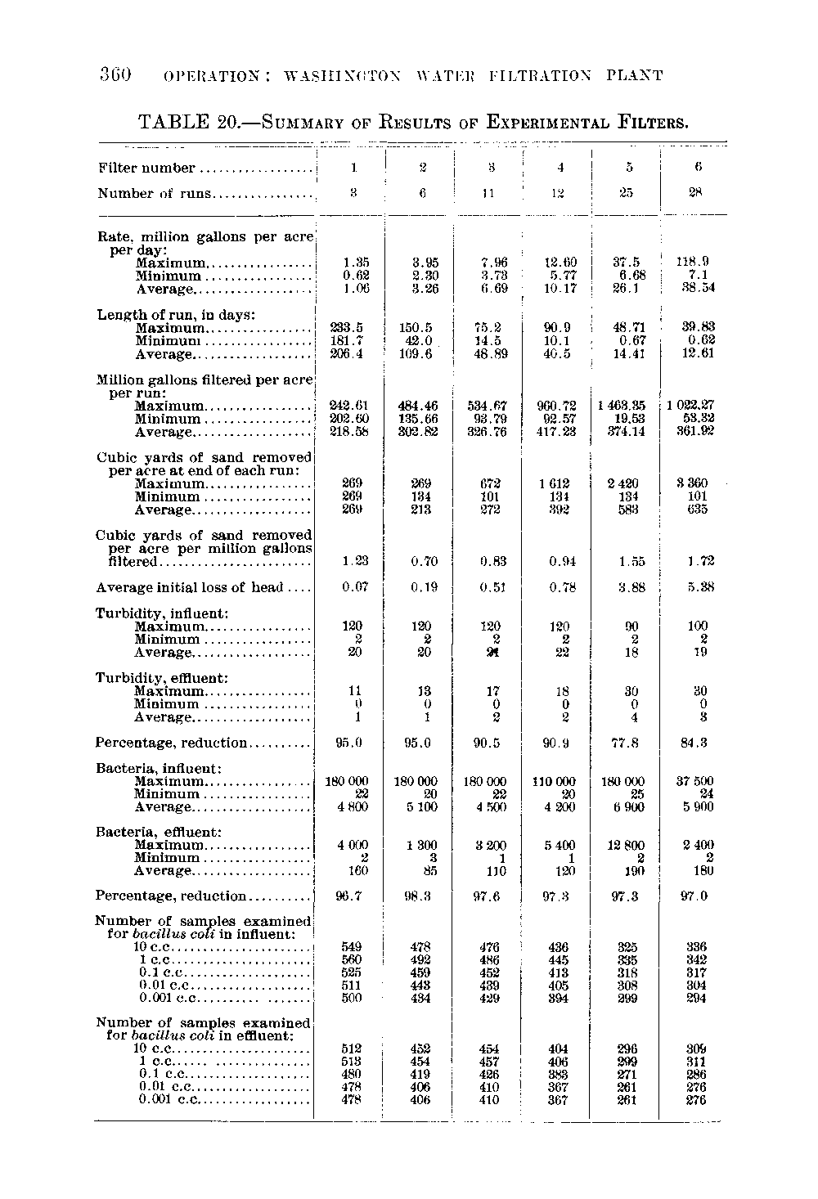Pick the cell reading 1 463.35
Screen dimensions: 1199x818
pos(627,406)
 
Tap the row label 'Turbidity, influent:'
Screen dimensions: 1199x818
pos(162,613)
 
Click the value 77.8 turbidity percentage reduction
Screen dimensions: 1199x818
pos(629,743)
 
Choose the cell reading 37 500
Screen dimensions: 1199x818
pos(694,781)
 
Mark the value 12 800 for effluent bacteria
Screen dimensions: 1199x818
pos(628,846)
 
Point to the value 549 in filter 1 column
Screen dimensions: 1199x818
pos(351,946)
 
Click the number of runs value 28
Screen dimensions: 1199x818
pos(698,194)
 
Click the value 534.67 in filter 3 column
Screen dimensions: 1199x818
pos(490,406)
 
